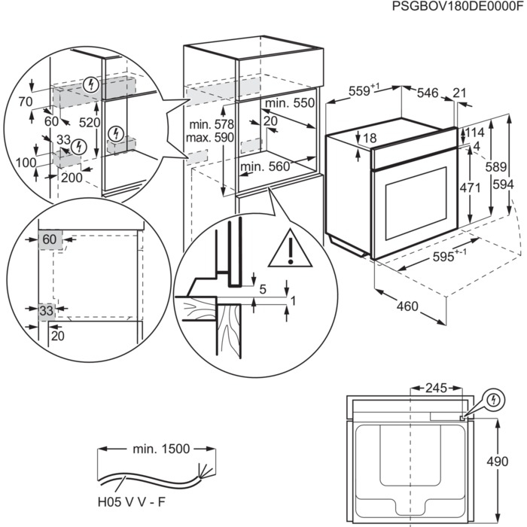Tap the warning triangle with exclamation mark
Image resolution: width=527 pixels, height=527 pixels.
pos(289,248)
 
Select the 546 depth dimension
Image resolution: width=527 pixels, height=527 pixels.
pos(427,93)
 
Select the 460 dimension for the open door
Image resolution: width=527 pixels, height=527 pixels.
pos(408,307)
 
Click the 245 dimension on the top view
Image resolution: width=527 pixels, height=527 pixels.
pos(436,388)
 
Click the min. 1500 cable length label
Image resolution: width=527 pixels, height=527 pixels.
pos(159,449)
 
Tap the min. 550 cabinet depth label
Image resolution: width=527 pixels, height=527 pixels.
pos(290,102)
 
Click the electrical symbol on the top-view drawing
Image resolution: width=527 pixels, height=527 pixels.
pos(493,398)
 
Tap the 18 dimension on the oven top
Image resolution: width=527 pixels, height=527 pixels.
pos(368,138)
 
